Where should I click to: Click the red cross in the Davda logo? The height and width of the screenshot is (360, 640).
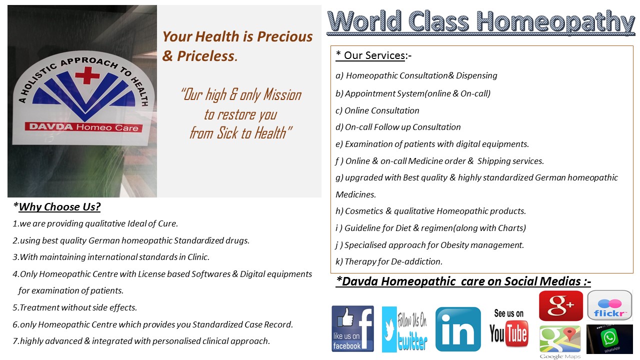(x=87, y=75)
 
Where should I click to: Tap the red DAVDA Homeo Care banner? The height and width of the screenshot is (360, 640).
(x=83, y=127)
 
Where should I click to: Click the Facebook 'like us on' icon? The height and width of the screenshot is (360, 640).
(x=353, y=328)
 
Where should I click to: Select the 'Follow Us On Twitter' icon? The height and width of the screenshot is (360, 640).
(x=405, y=329)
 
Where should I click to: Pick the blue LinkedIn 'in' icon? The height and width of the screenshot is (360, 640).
(x=458, y=329)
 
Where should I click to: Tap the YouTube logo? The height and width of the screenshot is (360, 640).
(x=509, y=328)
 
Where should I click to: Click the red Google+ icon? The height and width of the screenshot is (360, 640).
(x=561, y=305)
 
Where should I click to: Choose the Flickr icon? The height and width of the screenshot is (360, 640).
(x=609, y=305)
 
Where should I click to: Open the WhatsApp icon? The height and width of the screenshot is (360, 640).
(x=609, y=339)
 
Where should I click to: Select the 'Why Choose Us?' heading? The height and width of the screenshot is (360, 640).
(x=59, y=207)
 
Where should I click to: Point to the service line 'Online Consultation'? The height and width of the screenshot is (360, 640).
(x=377, y=110)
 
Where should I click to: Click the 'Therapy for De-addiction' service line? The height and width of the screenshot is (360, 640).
(x=389, y=261)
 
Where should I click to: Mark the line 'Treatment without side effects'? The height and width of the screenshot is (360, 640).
(x=75, y=307)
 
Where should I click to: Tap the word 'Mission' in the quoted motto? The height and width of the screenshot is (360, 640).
(x=282, y=94)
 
